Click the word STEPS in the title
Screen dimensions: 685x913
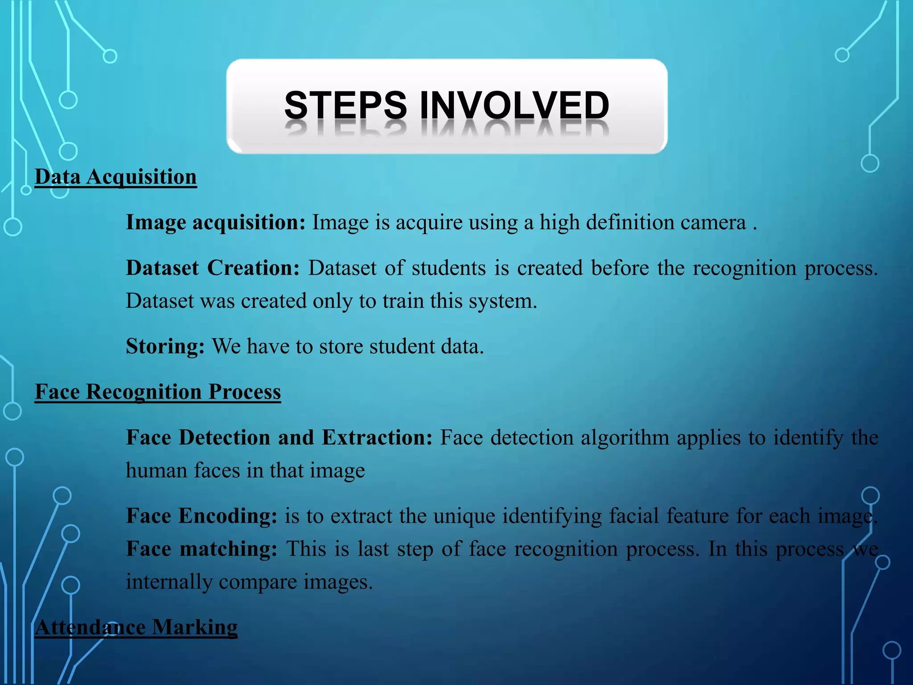click(345, 105)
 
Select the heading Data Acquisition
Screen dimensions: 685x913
click(115, 177)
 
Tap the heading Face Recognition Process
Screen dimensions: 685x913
click(158, 392)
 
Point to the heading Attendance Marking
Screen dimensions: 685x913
click(136, 627)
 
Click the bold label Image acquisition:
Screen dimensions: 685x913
click(215, 223)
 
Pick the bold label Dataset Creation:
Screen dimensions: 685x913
click(213, 268)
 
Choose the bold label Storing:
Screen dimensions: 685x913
click(165, 347)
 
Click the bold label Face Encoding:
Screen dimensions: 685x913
click(202, 516)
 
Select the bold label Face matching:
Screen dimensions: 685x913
click(202, 549)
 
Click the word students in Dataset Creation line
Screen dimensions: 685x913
click(448, 268)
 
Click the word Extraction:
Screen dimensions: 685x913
click(377, 437)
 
